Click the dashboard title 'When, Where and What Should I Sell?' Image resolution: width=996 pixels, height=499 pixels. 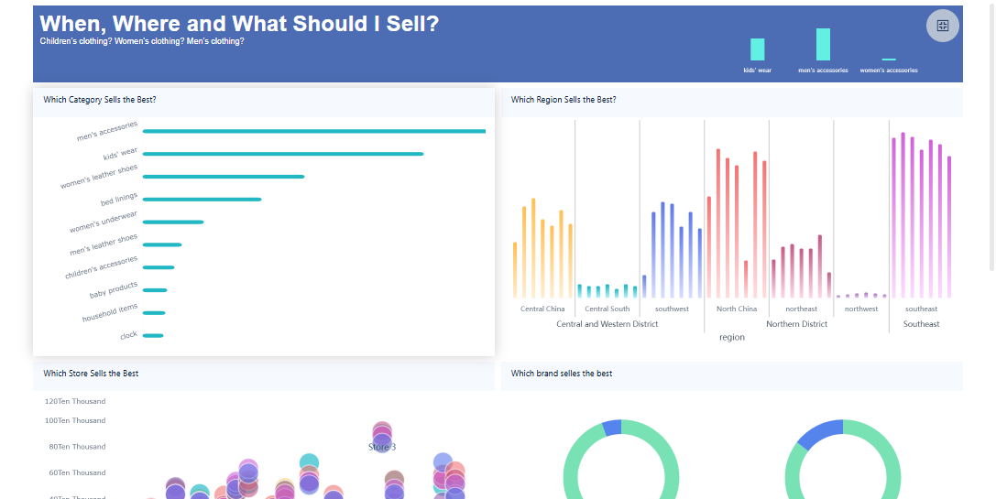239,24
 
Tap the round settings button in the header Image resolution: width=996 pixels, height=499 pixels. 943,26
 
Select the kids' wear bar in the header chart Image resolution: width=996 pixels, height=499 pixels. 757,49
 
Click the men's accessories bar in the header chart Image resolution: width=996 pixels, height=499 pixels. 823,45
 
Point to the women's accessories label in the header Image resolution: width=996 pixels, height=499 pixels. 888,71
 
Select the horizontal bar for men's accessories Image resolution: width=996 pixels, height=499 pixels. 313,131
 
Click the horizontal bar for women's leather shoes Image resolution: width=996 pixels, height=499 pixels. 223,177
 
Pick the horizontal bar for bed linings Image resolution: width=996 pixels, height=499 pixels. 202,199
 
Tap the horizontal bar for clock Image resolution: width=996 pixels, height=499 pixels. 152,335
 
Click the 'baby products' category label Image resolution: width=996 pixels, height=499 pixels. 114,291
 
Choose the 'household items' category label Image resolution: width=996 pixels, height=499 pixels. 110,313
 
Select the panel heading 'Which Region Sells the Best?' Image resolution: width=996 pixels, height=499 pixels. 564,100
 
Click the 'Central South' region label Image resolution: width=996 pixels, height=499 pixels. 607,309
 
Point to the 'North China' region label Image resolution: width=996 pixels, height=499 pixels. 736,309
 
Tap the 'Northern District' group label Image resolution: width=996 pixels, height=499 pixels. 796,324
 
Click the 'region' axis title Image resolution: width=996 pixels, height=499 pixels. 731,338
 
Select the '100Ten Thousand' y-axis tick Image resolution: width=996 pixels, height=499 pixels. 75,421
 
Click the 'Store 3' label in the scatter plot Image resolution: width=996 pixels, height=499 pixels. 382,447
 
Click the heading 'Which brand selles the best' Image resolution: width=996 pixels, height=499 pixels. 562,374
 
